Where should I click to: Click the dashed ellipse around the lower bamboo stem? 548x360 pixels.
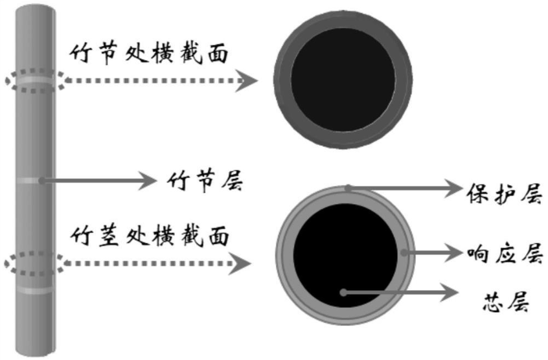pos(34,263)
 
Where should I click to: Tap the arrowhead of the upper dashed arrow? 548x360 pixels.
pos(249,81)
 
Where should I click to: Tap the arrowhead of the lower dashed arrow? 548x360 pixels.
pos(242,264)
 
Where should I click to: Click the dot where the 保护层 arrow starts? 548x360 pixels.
pos(348,188)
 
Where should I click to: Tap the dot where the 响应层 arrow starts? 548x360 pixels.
pos(404,252)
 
